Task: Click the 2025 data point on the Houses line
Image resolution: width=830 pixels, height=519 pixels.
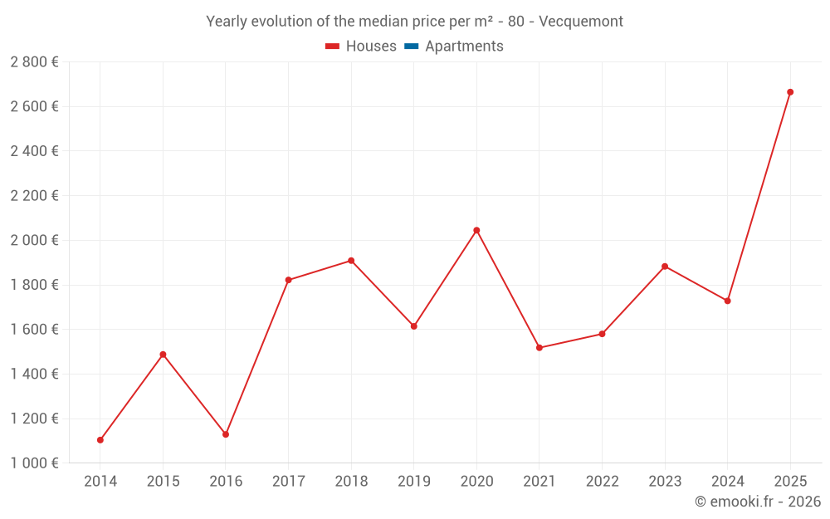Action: click(x=790, y=92)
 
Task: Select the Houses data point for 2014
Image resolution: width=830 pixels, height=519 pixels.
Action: click(x=100, y=440)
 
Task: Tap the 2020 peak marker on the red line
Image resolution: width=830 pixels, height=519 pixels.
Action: click(x=476, y=230)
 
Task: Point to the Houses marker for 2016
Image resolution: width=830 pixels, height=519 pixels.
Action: click(x=226, y=434)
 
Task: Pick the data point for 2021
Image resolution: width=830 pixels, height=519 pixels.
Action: click(x=539, y=348)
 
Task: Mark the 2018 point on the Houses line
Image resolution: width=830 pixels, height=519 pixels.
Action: click(x=351, y=261)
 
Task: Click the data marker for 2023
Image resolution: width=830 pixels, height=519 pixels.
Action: click(x=665, y=267)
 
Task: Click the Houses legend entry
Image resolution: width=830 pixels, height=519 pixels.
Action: click(x=361, y=47)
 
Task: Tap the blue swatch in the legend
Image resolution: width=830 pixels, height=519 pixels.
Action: click(x=411, y=47)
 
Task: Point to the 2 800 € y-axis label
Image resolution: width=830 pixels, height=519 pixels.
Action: click(x=34, y=61)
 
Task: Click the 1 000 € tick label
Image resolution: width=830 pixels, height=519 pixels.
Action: click(x=34, y=463)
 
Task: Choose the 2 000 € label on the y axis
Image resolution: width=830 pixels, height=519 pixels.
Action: click(x=34, y=240)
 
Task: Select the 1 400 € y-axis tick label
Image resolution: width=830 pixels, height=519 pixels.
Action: click(x=34, y=374)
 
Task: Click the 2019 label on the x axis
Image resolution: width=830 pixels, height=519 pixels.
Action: click(x=414, y=482)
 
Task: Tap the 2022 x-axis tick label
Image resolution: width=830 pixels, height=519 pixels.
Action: click(x=602, y=482)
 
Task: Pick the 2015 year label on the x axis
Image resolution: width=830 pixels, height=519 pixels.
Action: click(x=163, y=482)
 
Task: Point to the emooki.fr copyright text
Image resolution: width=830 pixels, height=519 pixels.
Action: click(x=758, y=502)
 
